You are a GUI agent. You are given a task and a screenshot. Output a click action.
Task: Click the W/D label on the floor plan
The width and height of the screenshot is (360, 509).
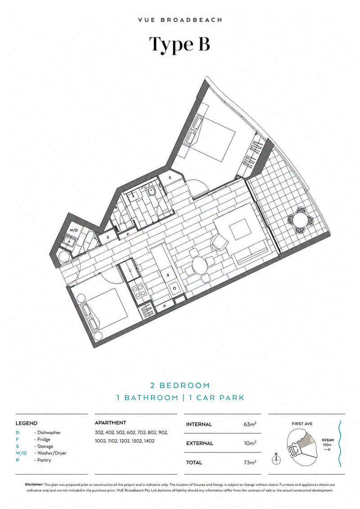coord(74,230)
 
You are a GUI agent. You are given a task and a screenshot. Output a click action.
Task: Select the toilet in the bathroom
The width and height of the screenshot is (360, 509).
coord(151,192)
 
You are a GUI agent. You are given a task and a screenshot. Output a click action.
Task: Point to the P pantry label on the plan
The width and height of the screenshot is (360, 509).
coord(165,306)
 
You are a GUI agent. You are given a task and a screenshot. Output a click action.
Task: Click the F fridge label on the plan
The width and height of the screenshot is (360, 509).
coord(128,234)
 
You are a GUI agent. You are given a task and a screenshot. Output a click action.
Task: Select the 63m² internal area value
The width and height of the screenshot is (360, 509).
coord(250,424)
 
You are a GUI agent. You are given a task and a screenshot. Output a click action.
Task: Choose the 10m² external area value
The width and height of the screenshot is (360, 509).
coord(250,443)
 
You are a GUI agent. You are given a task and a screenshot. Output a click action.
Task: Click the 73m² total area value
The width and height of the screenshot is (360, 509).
coord(250,462)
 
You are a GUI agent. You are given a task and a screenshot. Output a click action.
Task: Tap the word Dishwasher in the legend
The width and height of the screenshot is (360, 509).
coord(49,433)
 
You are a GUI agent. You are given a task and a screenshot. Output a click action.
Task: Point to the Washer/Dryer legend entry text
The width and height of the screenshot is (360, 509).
coord(52,453)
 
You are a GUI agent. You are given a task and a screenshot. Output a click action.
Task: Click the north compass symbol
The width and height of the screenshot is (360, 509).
coord(276,458)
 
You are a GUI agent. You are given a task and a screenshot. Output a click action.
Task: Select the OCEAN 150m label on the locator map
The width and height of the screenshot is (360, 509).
coord(328,442)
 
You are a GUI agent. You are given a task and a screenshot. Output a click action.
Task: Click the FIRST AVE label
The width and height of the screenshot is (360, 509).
coord(302,424)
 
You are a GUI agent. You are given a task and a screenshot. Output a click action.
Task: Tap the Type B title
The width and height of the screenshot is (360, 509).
coord(180,45)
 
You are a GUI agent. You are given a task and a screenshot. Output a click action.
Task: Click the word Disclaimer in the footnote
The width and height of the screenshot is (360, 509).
coord(34,484)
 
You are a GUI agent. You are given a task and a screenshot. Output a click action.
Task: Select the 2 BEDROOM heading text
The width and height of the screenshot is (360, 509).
coord(180,386)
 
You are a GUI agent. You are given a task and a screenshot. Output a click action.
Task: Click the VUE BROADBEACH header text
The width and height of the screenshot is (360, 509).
coord(180,20)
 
